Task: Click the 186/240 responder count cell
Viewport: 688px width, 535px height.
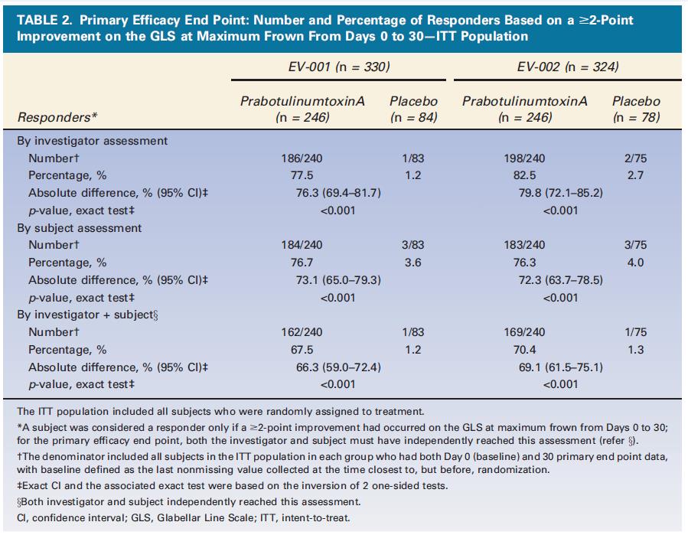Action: (x=302, y=158)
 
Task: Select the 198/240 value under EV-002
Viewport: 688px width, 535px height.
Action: (x=524, y=158)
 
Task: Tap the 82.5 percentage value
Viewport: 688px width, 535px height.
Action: (x=524, y=175)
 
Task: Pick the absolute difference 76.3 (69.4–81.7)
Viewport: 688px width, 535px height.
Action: (x=338, y=193)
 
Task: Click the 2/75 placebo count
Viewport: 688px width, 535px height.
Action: (x=635, y=158)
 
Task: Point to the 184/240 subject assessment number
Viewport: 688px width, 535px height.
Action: (x=302, y=245)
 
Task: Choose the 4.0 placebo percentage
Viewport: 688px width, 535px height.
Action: (x=635, y=263)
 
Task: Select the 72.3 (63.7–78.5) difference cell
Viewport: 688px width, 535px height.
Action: (x=561, y=280)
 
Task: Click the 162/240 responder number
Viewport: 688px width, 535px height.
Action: (x=302, y=332)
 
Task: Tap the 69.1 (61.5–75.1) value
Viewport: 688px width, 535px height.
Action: (x=561, y=367)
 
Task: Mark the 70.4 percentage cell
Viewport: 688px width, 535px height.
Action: (x=524, y=350)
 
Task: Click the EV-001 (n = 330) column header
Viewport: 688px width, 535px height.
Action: (x=339, y=67)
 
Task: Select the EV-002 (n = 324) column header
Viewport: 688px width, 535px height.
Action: (x=568, y=67)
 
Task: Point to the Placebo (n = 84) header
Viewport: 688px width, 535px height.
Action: (x=413, y=109)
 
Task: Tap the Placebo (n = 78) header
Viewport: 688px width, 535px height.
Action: (x=636, y=109)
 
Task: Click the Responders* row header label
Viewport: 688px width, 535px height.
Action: (x=57, y=118)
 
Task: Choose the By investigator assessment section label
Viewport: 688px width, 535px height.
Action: (x=92, y=141)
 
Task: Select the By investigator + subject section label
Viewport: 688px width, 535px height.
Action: (x=87, y=315)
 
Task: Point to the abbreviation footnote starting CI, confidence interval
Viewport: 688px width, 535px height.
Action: (x=184, y=518)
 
